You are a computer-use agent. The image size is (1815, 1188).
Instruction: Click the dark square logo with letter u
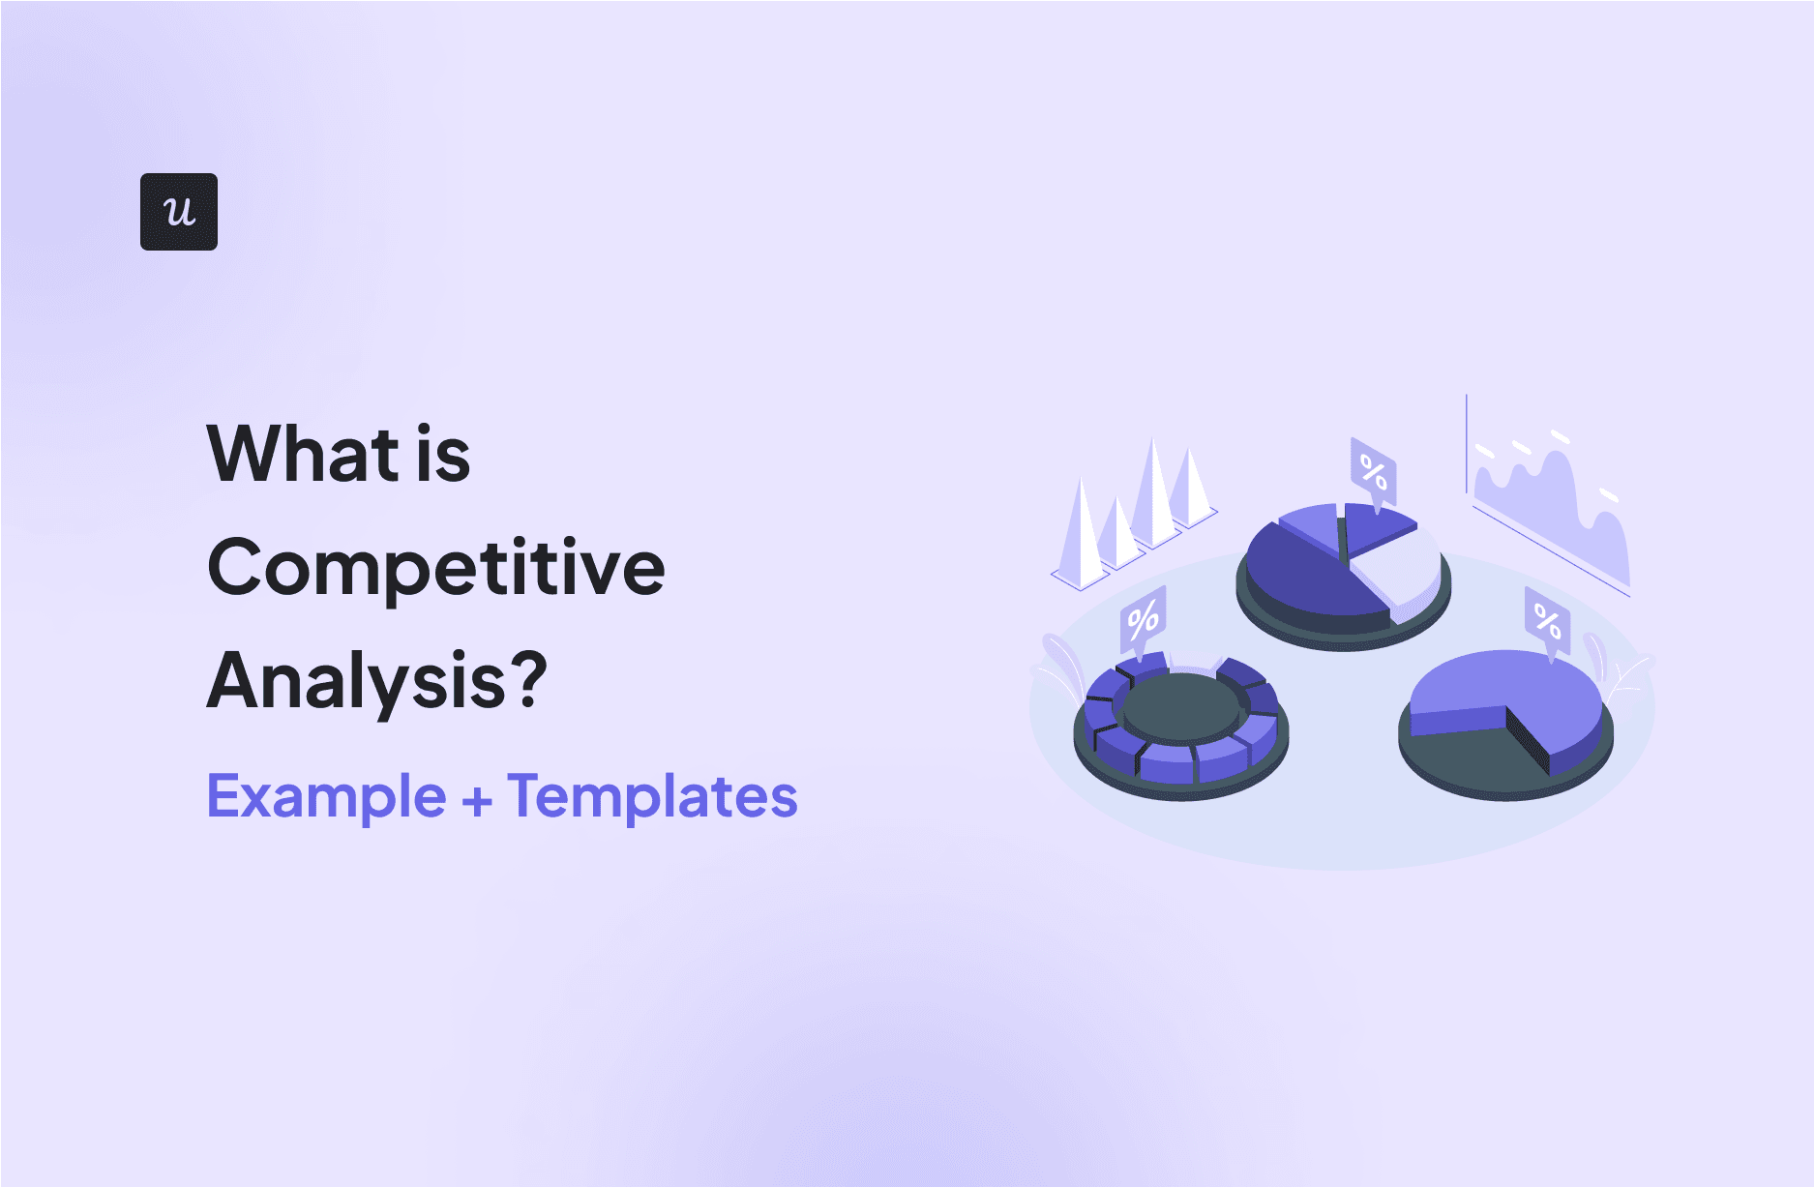[x=179, y=212]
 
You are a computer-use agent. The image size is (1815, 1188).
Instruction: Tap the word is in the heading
[x=443, y=454]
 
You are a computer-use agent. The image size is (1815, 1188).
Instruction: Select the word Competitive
[x=435, y=569]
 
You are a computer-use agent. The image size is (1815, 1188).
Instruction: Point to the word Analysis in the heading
[x=356, y=682]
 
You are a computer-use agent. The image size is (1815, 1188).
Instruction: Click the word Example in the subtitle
[x=326, y=797]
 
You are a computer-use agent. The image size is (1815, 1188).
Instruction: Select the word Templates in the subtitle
[x=652, y=797]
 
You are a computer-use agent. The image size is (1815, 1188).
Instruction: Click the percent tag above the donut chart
[x=1143, y=620]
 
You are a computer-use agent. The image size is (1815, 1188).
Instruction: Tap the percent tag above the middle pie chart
[x=1374, y=472]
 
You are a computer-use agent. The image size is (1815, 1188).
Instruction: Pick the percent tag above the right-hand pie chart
[x=1547, y=620]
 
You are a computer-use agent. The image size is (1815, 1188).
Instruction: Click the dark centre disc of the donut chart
[x=1180, y=706]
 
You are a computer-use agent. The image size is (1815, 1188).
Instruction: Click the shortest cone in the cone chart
[x=1116, y=537]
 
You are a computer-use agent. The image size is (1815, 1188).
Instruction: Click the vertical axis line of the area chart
[x=1467, y=445]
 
